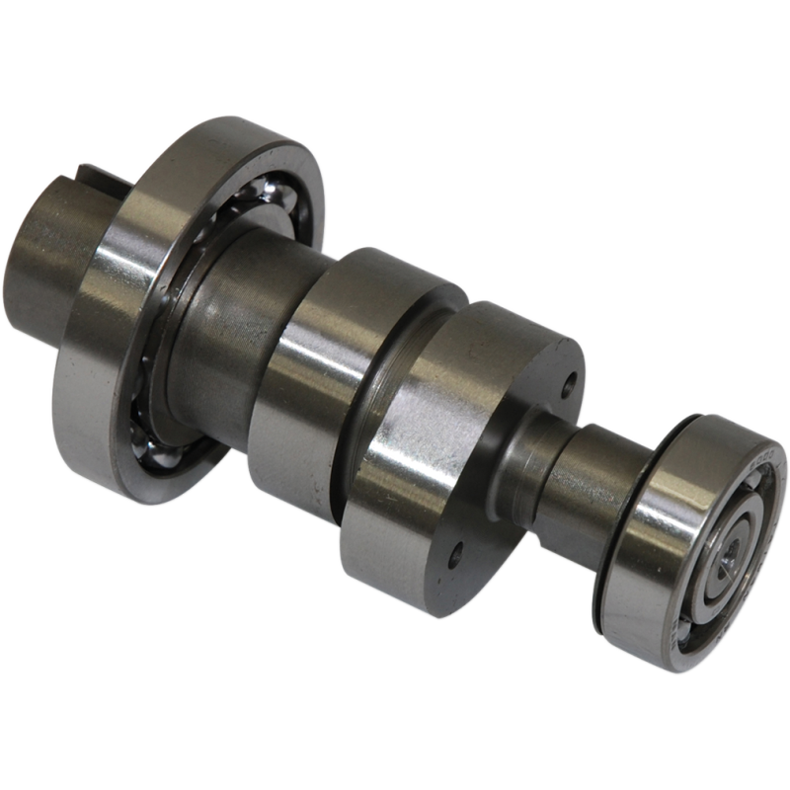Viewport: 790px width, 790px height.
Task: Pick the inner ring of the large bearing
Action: (x=197, y=296)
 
